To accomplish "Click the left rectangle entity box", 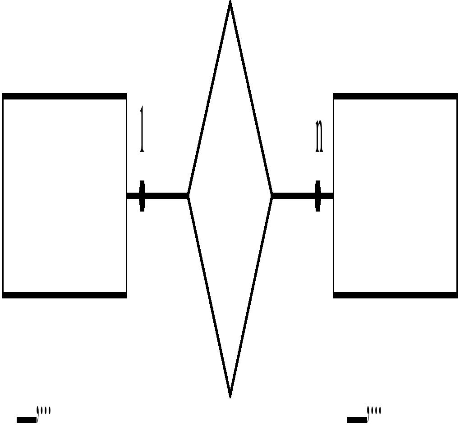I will click(x=64, y=196).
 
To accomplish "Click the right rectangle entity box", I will click(x=395, y=196).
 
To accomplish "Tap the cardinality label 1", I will click(x=142, y=130).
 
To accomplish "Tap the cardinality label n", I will click(x=319, y=136).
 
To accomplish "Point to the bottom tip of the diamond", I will click(x=230, y=396).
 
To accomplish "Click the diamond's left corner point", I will click(x=189, y=196).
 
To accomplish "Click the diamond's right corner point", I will click(x=271, y=196).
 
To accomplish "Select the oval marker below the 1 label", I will click(x=142, y=196).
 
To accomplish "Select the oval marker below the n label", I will click(x=318, y=196).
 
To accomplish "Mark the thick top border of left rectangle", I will click(x=64, y=96).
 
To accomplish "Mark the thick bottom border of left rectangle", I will click(x=64, y=295).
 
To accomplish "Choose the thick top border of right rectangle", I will click(x=395, y=96).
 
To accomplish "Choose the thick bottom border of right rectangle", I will click(x=395, y=295).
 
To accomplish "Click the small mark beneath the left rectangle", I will click(x=34, y=416).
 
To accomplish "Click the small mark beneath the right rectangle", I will click(x=364, y=416).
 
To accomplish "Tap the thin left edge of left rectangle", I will click(x=3, y=196).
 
